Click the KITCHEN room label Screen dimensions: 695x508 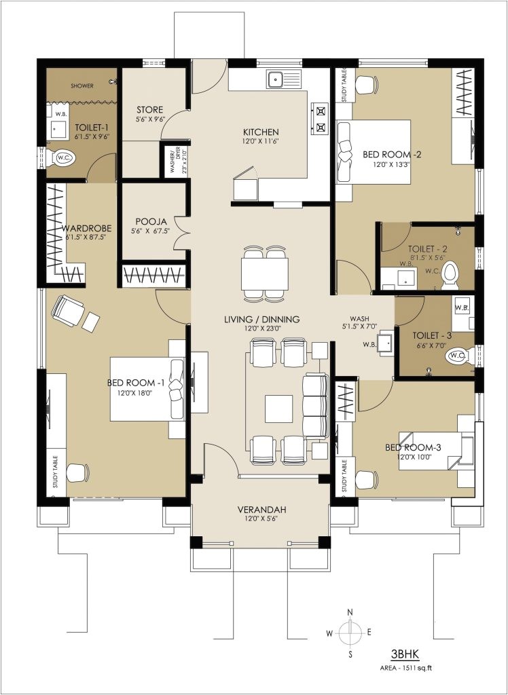(x=261, y=132)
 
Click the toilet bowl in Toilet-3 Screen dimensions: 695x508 (x=457, y=354)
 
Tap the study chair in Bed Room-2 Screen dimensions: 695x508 (x=366, y=85)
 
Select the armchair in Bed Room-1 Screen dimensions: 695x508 (x=68, y=311)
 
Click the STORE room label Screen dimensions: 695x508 (x=149, y=110)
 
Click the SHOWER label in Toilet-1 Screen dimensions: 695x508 (x=81, y=86)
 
